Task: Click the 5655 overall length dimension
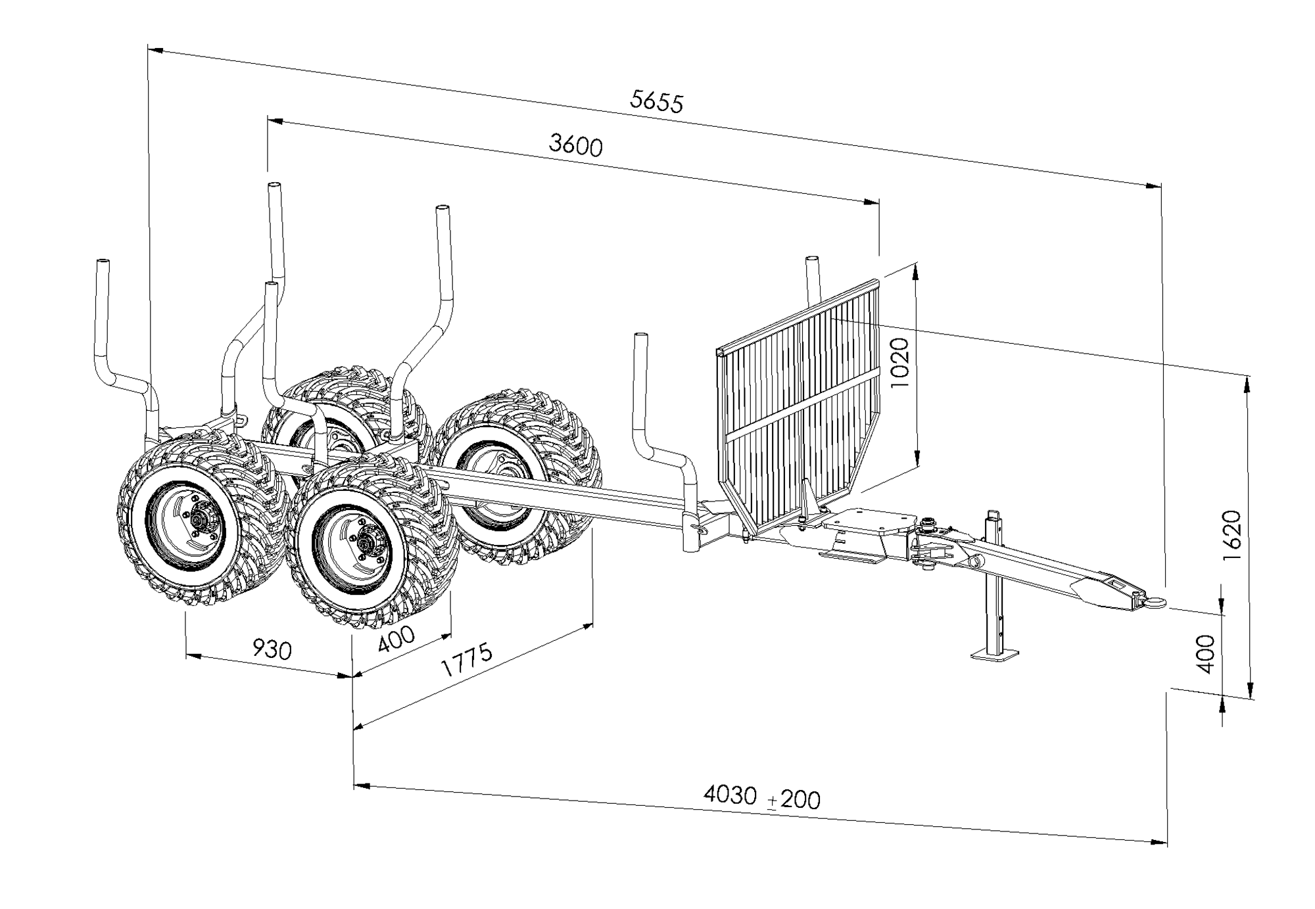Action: coord(656,101)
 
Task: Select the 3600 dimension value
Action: coord(575,145)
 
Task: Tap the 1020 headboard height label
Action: coord(897,362)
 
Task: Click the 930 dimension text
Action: coord(272,650)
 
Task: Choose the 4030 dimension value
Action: coord(730,795)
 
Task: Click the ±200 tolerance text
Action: coord(794,800)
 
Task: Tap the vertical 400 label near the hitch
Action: coord(1205,653)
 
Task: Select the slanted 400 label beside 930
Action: coord(396,638)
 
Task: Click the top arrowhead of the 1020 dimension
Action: coord(916,270)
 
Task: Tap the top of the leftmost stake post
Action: coord(103,263)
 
